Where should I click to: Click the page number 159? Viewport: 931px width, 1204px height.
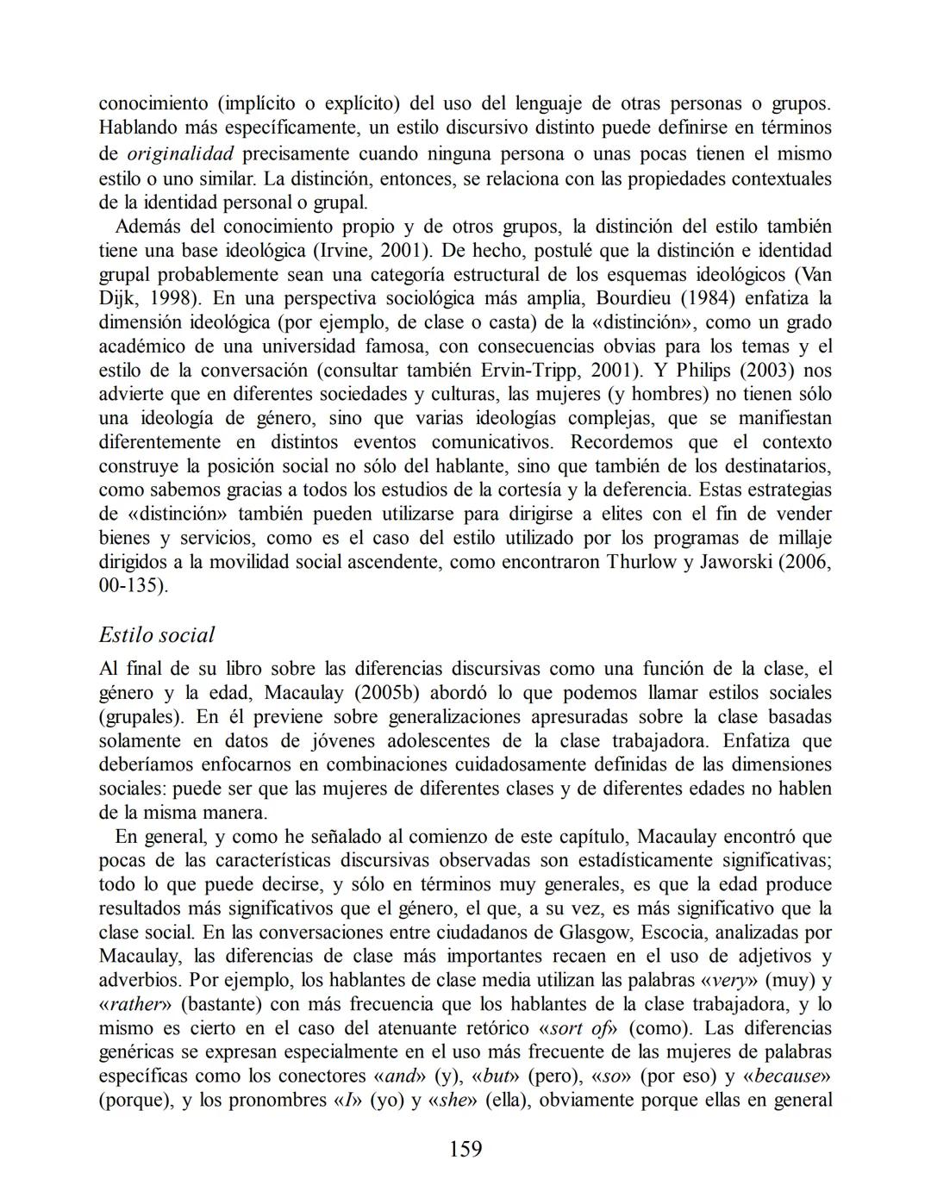click(x=465, y=1149)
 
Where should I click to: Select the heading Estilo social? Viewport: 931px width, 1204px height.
click(x=156, y=635)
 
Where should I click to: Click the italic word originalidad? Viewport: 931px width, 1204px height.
click(x=180, y=154)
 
